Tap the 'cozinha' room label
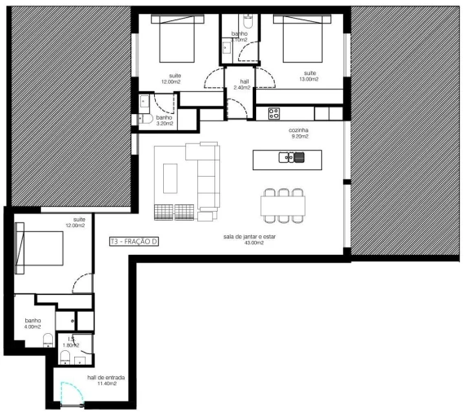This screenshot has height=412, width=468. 298,129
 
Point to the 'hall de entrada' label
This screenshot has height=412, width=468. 102,379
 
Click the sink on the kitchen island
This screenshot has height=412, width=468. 289,158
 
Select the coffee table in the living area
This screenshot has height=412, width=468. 170,176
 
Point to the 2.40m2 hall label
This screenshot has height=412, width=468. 241,87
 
